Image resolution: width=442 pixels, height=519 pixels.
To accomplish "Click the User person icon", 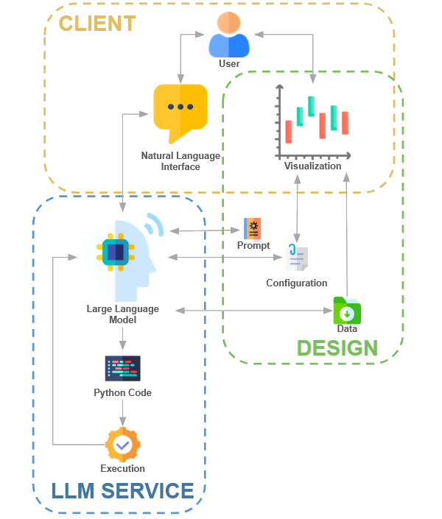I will [x=229, y=35].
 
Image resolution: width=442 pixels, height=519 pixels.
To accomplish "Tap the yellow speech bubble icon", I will [x=180, y=112].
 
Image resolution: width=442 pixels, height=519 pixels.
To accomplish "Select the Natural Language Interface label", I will [x=180, y=161].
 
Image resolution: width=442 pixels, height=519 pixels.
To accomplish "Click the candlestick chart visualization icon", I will [x=312, y=121].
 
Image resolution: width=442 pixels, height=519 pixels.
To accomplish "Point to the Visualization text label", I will [x=313, y=166].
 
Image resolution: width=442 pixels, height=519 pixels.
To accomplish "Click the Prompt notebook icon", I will [x=253, y=229].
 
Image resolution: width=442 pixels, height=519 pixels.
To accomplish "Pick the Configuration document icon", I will [x=296, y=258].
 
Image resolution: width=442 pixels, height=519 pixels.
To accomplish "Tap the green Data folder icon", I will [x=346, y=310].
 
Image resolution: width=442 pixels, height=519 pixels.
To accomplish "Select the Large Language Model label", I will [x=122, y=314].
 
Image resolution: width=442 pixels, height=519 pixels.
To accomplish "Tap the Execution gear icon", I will [x=122, y=445].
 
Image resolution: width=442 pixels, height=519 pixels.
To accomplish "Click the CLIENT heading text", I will [x=97, y=24].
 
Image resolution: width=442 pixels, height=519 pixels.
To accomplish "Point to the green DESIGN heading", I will [x=337, y=348].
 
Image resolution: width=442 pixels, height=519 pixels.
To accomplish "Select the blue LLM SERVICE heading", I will [x=122, y=490].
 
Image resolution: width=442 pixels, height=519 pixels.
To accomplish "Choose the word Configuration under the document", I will [x=296, y=283].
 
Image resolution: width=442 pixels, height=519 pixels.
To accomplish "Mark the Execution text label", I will [x=122, y=469].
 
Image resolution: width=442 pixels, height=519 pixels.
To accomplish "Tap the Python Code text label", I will [x=122, y=393].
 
